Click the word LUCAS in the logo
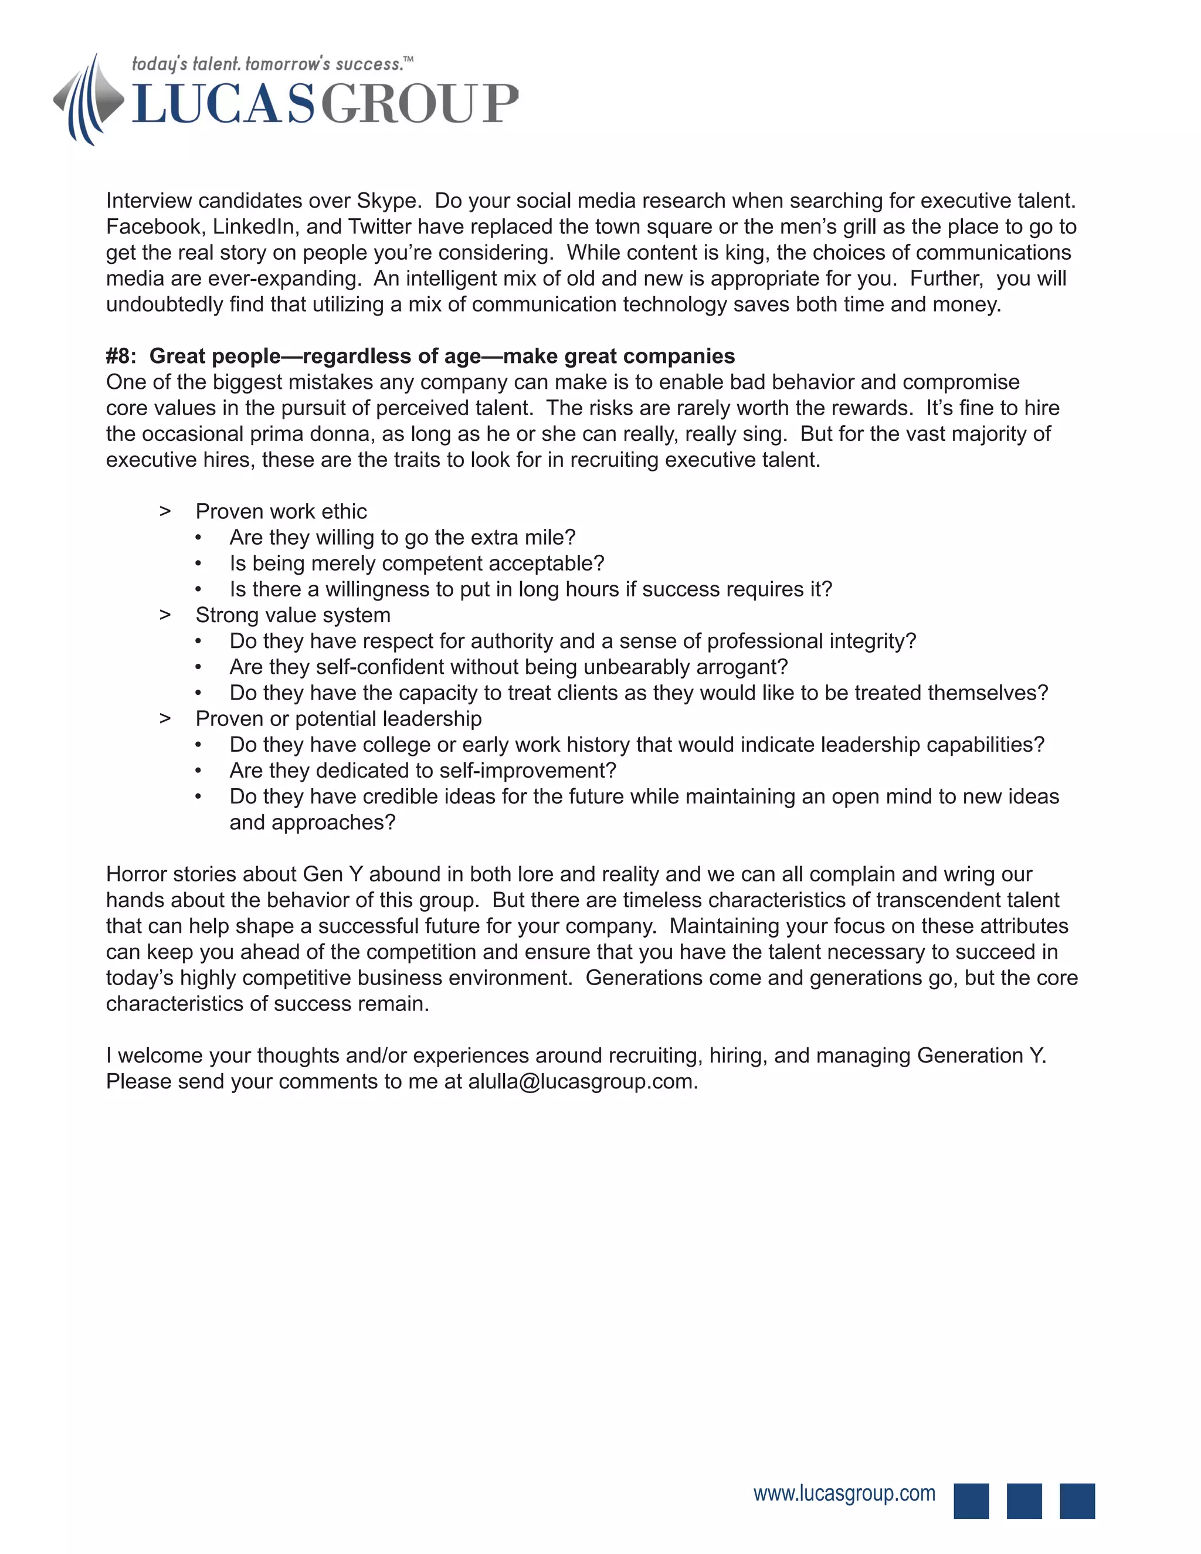[223, 104]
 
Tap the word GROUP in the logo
[419, 104]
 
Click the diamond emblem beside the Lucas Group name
[89, 100]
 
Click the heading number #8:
[121, 357]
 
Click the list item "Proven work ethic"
[281, 511]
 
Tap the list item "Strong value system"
[293, 616]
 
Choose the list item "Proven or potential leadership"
[339, 719]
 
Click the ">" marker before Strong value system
[165, 616]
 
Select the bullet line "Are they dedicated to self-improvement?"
[423, 771]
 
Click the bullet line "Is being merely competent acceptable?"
[416, 564]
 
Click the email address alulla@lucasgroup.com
[581, 1081]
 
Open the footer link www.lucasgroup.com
[844, 1494]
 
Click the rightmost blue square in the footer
[1077, 1501]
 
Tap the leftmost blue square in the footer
[971, 1501]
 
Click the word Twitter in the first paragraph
[384, 227]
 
